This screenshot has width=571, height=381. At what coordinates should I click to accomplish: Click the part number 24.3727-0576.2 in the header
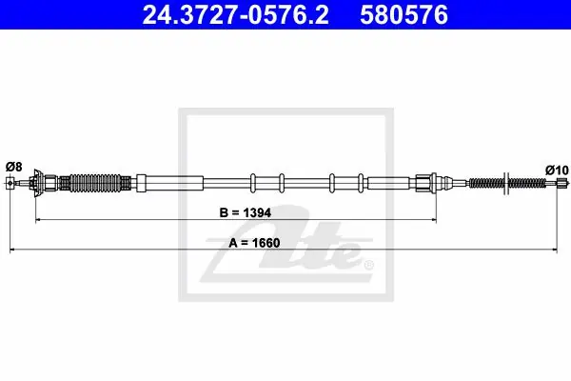click(x=235, y=15)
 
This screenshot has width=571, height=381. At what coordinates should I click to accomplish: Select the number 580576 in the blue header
click(x=404, y=15)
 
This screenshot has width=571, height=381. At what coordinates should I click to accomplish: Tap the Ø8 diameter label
click(x=14, y=167)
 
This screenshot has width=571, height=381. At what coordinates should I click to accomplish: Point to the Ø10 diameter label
click(x=557, y=170)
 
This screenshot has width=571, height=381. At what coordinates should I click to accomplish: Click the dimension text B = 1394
click(x=246, y=212)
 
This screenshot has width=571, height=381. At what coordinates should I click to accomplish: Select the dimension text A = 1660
click(x=254, y=243)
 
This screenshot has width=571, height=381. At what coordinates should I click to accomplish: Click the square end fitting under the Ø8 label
click(x=10, y=183)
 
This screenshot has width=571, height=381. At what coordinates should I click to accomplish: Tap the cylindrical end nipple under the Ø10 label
click(x=562, y=183)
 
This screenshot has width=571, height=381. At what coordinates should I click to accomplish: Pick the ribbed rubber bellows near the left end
click(x=95, y=183)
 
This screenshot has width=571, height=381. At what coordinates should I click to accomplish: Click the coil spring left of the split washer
click(x=485, y=183)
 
